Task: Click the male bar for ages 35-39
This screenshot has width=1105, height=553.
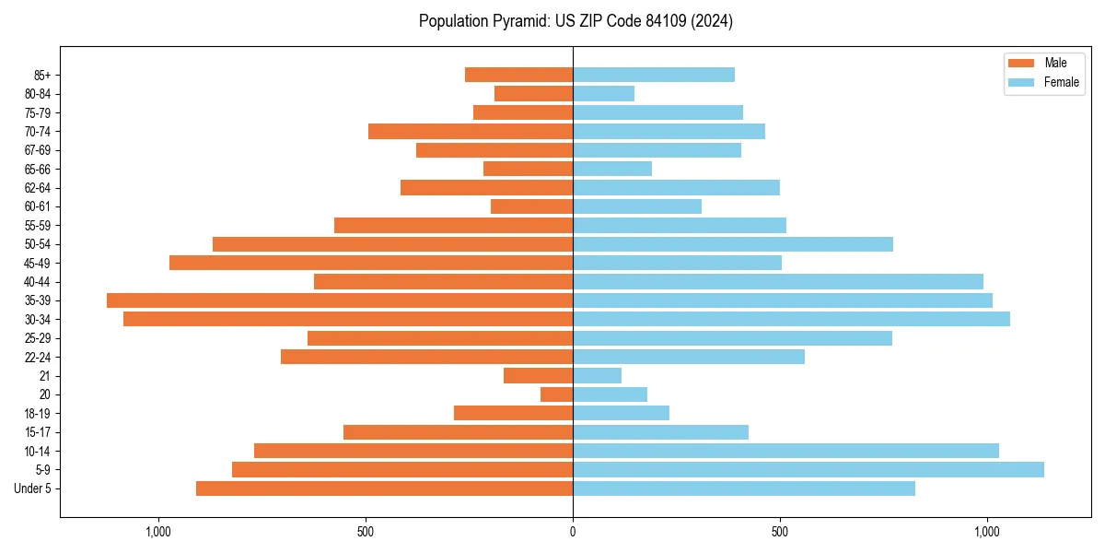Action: pos(340,300)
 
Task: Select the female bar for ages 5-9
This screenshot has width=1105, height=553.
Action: pos(808,469)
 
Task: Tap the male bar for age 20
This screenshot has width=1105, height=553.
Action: pos(557,394)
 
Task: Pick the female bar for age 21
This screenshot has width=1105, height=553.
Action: pos(597,375)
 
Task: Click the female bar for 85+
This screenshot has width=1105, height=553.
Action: pos(654,75)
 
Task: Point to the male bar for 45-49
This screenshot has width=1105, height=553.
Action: pos(371,263)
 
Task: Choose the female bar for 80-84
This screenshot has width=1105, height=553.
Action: pos(603,93)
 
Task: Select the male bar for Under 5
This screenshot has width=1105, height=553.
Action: pos(384,488)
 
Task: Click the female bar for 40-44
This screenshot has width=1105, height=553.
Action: pos(778,281)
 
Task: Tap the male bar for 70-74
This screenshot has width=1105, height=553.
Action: pos(471,131)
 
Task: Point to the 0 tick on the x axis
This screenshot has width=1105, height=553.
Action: pos(573,532)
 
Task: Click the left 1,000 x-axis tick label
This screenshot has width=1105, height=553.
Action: pos(158,532)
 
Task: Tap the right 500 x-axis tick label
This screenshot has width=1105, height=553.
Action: pos(780,532)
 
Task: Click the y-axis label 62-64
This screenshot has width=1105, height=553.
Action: pos(38,188)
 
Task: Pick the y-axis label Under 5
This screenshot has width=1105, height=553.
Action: pos(33,488)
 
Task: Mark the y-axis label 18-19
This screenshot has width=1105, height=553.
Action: pos(38,413)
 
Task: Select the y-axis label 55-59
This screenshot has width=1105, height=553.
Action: pos(38,225)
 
